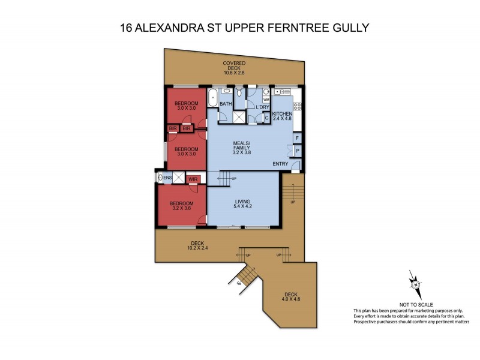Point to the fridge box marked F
(x=297, y=138)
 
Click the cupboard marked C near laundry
(x=266, y=118)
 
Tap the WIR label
(x=193, y=179)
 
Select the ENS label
(x=168, y=178)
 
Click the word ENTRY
(x=280, y=164)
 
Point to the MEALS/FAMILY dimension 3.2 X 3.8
(x=242, y=153)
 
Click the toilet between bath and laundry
(x=239, y=94)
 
